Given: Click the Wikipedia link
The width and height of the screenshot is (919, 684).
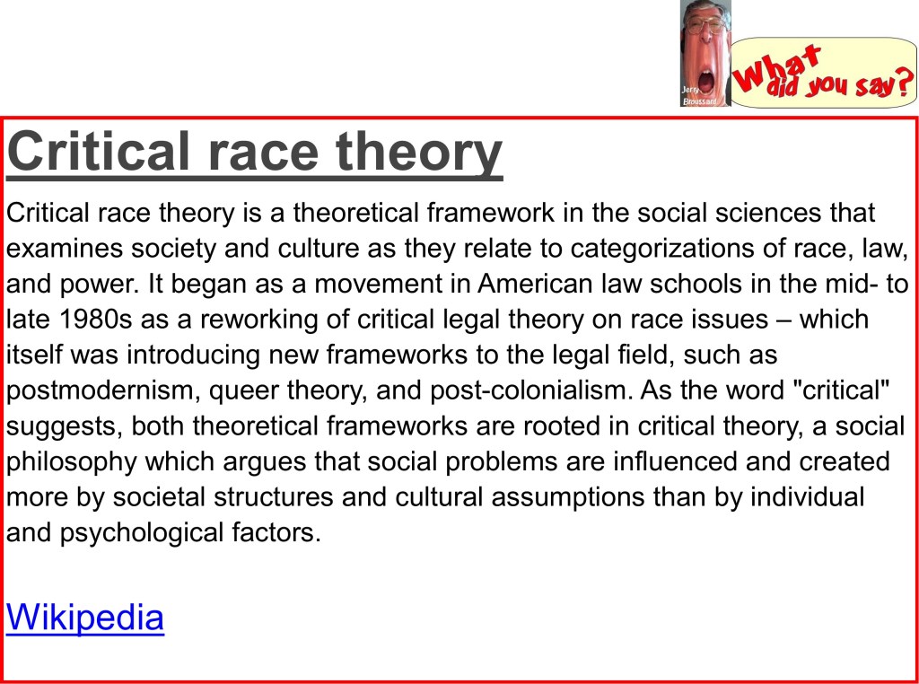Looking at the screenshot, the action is coord(85,617).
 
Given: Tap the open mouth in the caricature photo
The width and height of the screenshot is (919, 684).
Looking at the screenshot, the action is coord(706,81).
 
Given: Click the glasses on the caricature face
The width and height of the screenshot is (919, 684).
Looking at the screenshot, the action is coord(705,25).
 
